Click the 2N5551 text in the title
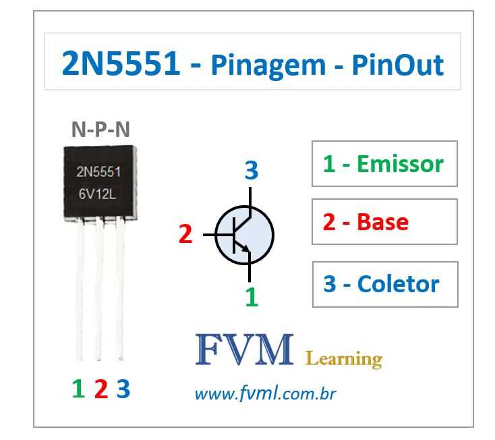click(x=121, y=64)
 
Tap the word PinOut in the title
click(x=398, y=65)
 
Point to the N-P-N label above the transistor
click(x=100, y=130)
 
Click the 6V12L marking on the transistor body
click(x=99, y=195)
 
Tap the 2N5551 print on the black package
click(x=98, y=171)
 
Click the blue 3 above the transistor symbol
click(x=251, y=171)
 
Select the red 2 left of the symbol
click(x=185, y=234)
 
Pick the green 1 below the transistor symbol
click(x=251, y=296)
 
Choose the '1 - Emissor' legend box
click(x=384, y=163)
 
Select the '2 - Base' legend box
click(x=384, y=221)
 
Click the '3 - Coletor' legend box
click(x=384, y=284)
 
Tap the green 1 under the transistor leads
click(x=78, y=388)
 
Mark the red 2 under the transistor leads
click(x=101, y=388)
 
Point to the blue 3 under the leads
click(x=123, y=388)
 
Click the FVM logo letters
click(x=244, y=350)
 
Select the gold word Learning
click(x=344, y=358)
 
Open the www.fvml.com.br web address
click(x=265, y=393)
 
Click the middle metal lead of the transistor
click(x=100, y=290)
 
